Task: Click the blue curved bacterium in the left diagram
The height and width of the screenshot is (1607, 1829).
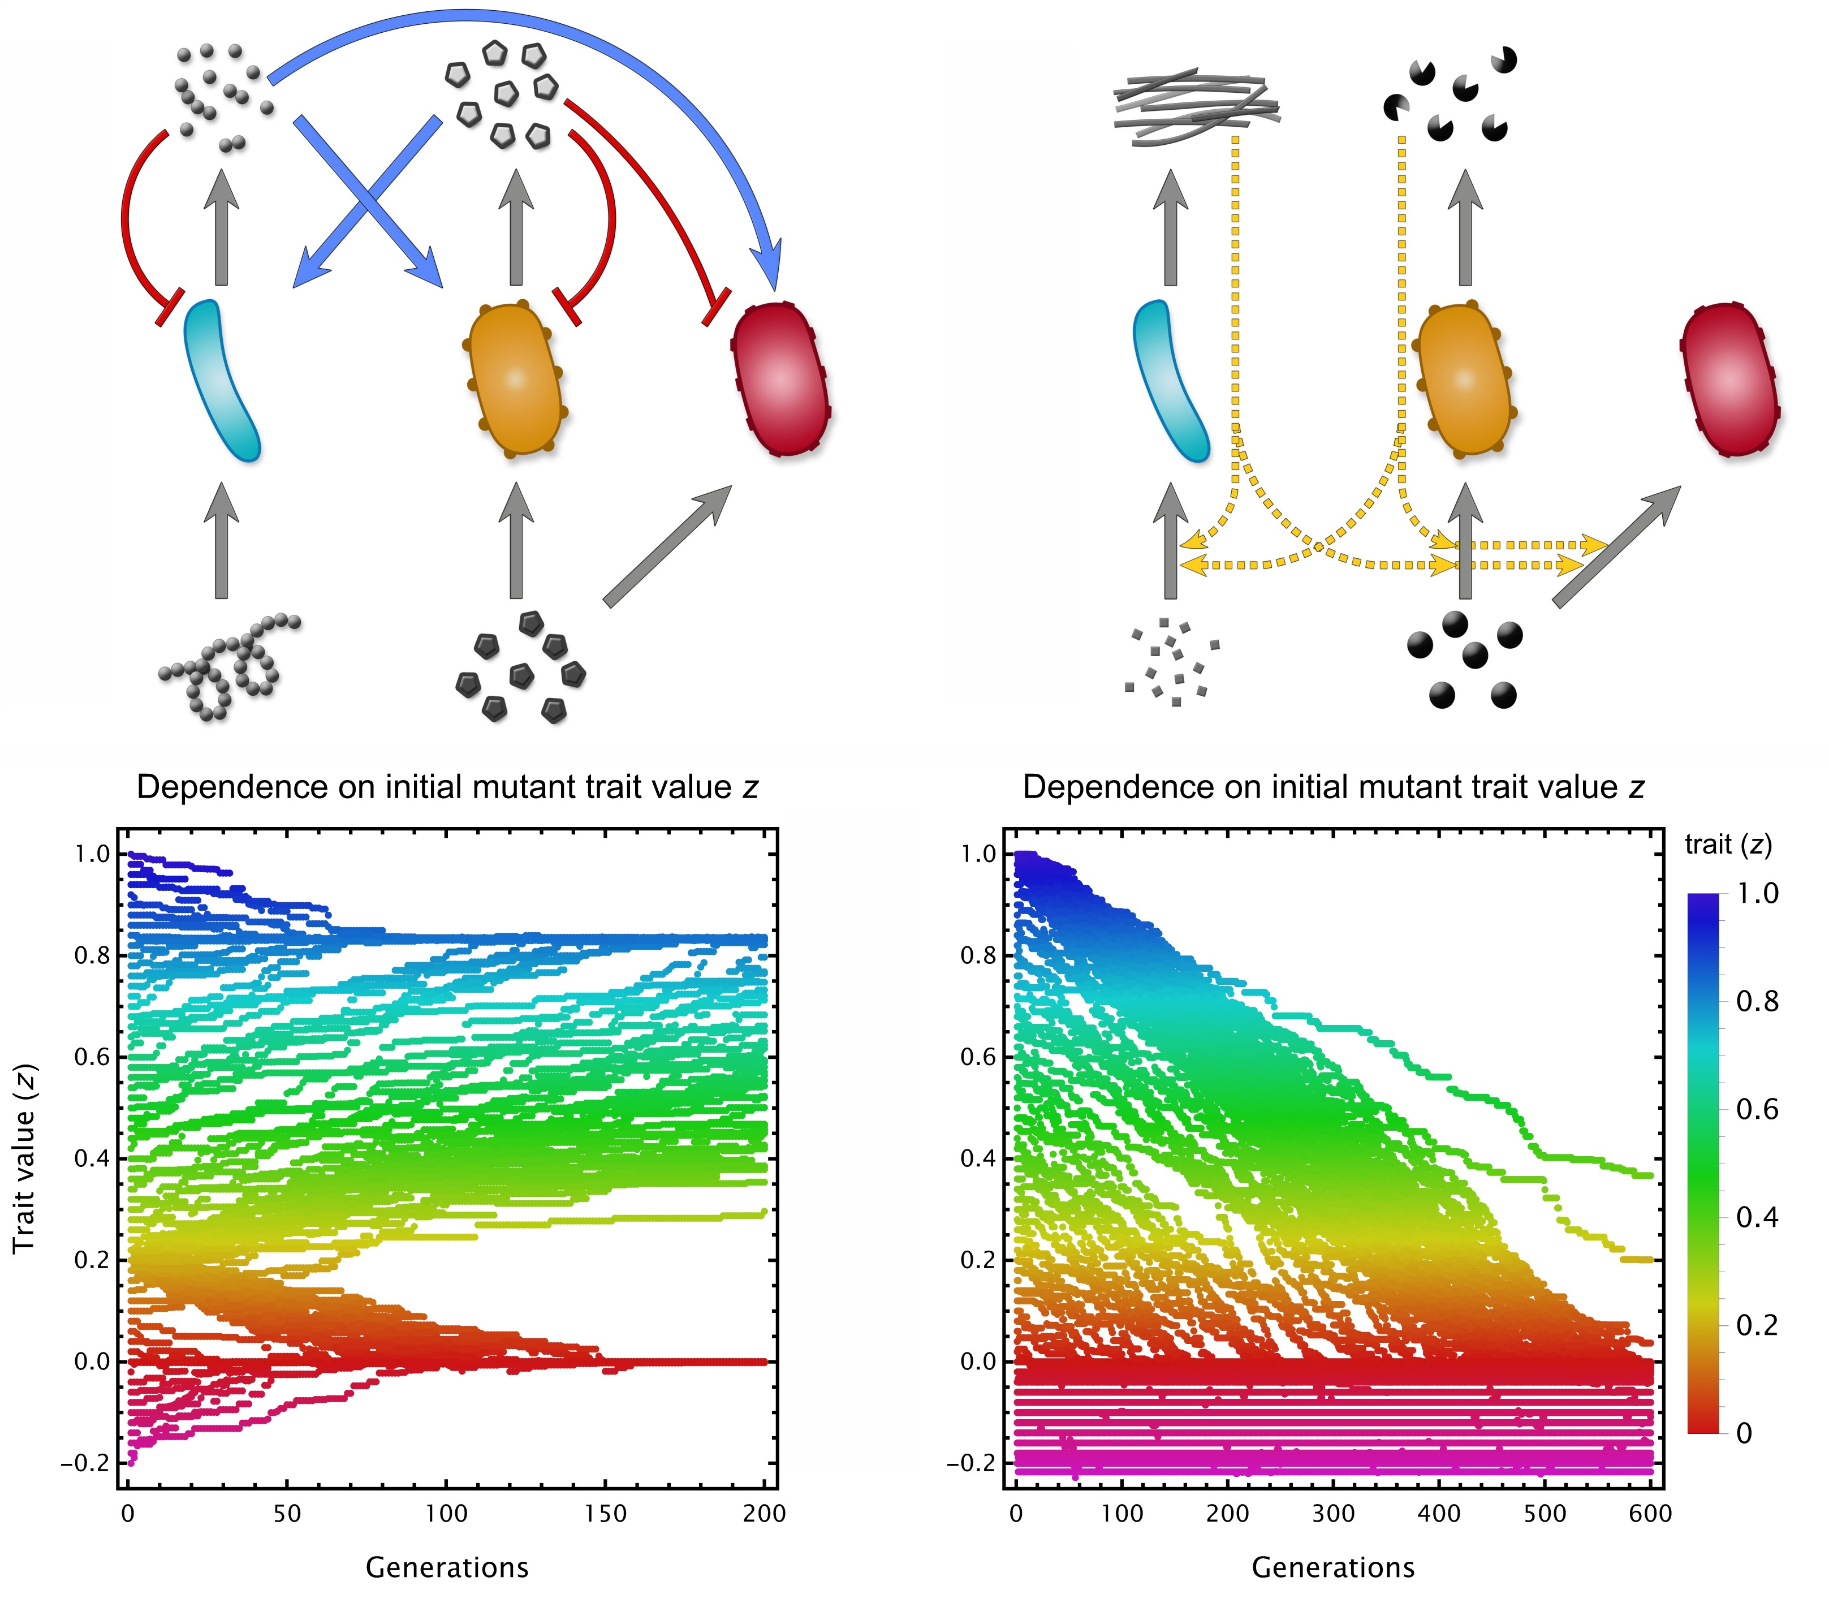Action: point(221,380)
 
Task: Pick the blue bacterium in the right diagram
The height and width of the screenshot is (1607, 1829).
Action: point(1171,380)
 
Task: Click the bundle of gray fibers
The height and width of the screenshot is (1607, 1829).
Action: point(1196,106)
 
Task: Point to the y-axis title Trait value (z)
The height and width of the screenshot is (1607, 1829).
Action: point(24,1158)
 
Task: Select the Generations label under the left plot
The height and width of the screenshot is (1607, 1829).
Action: point(447,1567)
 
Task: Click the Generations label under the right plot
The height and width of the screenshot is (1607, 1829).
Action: point(1332,1567)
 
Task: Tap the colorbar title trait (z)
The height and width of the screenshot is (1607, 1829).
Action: point(1728,844)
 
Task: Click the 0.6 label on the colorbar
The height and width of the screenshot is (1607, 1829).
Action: point(1757,1109)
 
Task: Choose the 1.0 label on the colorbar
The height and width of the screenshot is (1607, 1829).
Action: point(1757,893)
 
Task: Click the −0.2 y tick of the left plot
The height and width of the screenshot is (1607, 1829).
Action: point(85,1463)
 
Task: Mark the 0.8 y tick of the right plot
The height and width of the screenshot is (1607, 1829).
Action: point(977,955)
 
